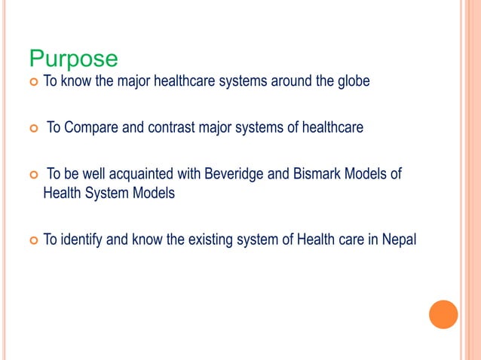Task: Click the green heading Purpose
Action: click(x=73, y=58)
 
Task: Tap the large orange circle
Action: click(x=443, y=314)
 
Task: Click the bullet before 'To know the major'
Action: click(x=32, y=81)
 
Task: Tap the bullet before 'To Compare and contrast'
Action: click(x=32, y=129)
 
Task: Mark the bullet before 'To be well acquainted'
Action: click(x=32, y=176)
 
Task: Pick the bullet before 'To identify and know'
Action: click(x=32, y=241)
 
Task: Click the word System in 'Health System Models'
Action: click(x=106, y=193)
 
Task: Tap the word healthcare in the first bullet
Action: click(x=185, y=81)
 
